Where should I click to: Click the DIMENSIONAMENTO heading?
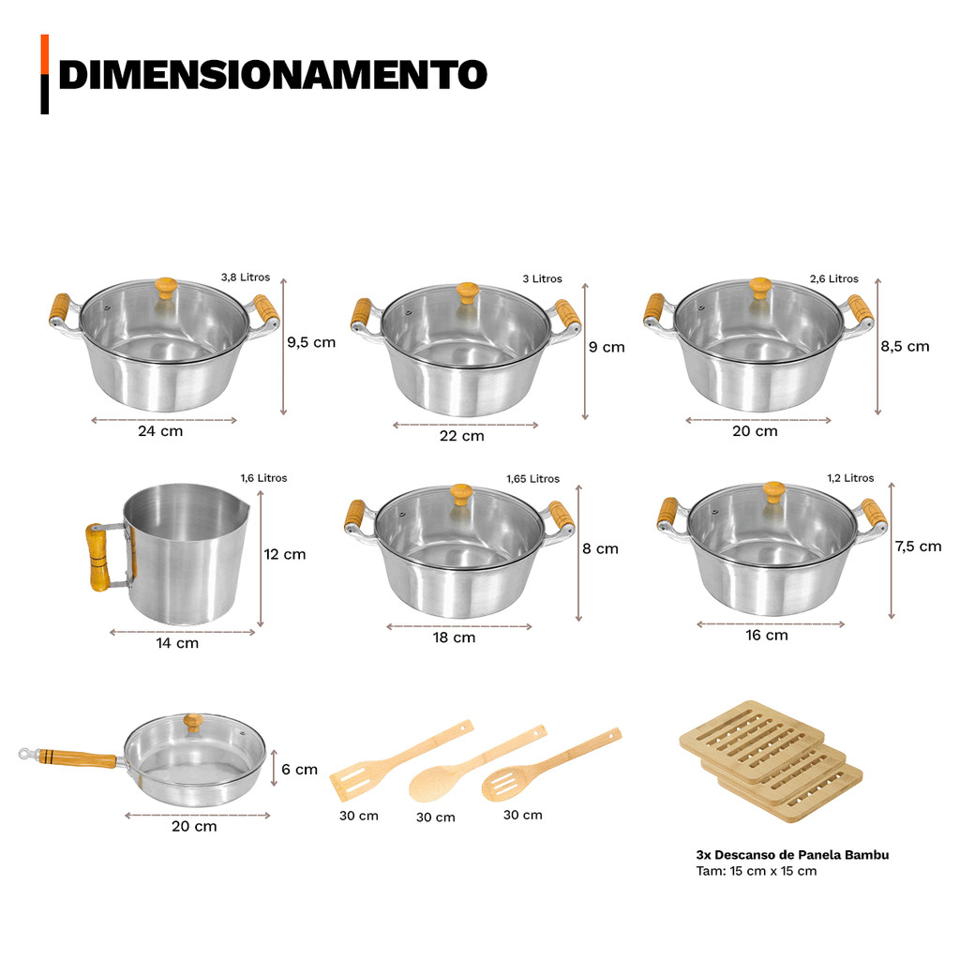tap(273, 75)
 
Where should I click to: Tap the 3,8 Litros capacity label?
tap(246, 277)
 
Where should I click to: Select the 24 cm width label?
tap(160, 431)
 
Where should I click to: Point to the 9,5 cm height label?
tap(311, 342)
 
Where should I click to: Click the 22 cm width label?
tap(461, 436)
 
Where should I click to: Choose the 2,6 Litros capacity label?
tap(833, 278)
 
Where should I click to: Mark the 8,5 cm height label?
tap(905, 346)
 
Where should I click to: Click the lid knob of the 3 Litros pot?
tap(467, 292)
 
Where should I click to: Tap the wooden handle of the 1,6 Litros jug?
tap(97, 557)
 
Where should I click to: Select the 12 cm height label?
tap(285, 554)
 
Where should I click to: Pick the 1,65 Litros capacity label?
tap(532, 479)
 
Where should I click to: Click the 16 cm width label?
tap(767, 636)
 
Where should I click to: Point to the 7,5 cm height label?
tap(918, 547)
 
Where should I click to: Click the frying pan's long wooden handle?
tap(77, 757)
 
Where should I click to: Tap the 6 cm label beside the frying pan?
tap(299, 770)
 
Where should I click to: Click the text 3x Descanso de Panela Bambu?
tap(792, 855)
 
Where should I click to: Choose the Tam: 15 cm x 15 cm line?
tap(757, 871)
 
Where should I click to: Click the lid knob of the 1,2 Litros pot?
tap(773, 492)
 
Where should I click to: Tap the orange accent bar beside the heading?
tap(45, 54)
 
